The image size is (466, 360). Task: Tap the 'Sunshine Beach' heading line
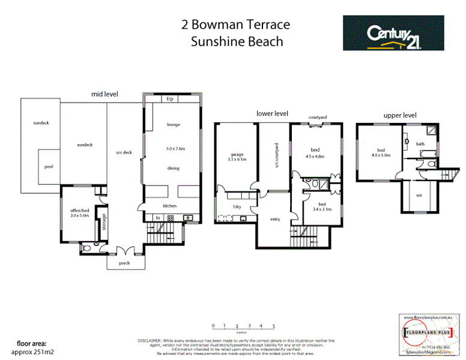[236, 41]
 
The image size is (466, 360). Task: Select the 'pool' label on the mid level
[49, 167]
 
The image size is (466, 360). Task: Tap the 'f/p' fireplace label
[170, 98]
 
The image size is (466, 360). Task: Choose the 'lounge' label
[174, 125]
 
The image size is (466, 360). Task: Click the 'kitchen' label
[170, 206]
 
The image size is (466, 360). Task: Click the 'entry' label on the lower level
[275, 219]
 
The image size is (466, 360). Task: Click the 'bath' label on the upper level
[420, 143]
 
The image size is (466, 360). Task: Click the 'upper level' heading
[399, 115]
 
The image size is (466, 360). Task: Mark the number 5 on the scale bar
[274, 326]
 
